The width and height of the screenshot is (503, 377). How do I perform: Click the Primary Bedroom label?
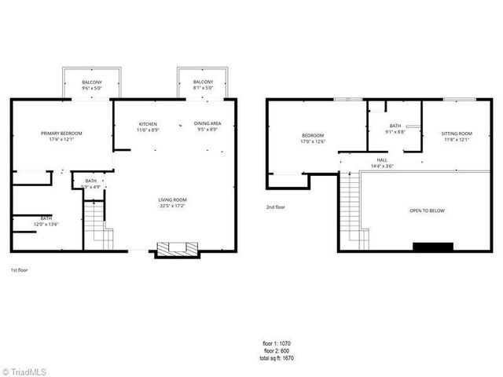(x=61, y=134)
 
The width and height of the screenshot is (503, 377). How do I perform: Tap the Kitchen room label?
(x=149, y=125)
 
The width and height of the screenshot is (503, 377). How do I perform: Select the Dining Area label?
(x=207, y=125)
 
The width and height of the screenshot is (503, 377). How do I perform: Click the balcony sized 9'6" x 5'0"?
(x=92, y=83)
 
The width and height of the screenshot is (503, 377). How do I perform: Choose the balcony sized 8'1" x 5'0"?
(x=203, y=83)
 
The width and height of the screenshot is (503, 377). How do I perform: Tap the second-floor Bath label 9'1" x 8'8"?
(x=396, y=126)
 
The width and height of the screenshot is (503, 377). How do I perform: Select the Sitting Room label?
(x=457, y=134)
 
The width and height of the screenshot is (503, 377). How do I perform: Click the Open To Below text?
(x=426, y=211)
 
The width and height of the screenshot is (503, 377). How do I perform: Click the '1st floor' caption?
(x=18, y=269)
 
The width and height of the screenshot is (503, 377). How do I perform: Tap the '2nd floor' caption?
(x=276, y=207)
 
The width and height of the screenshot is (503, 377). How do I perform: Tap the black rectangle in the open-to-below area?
(x=433, y=247)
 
